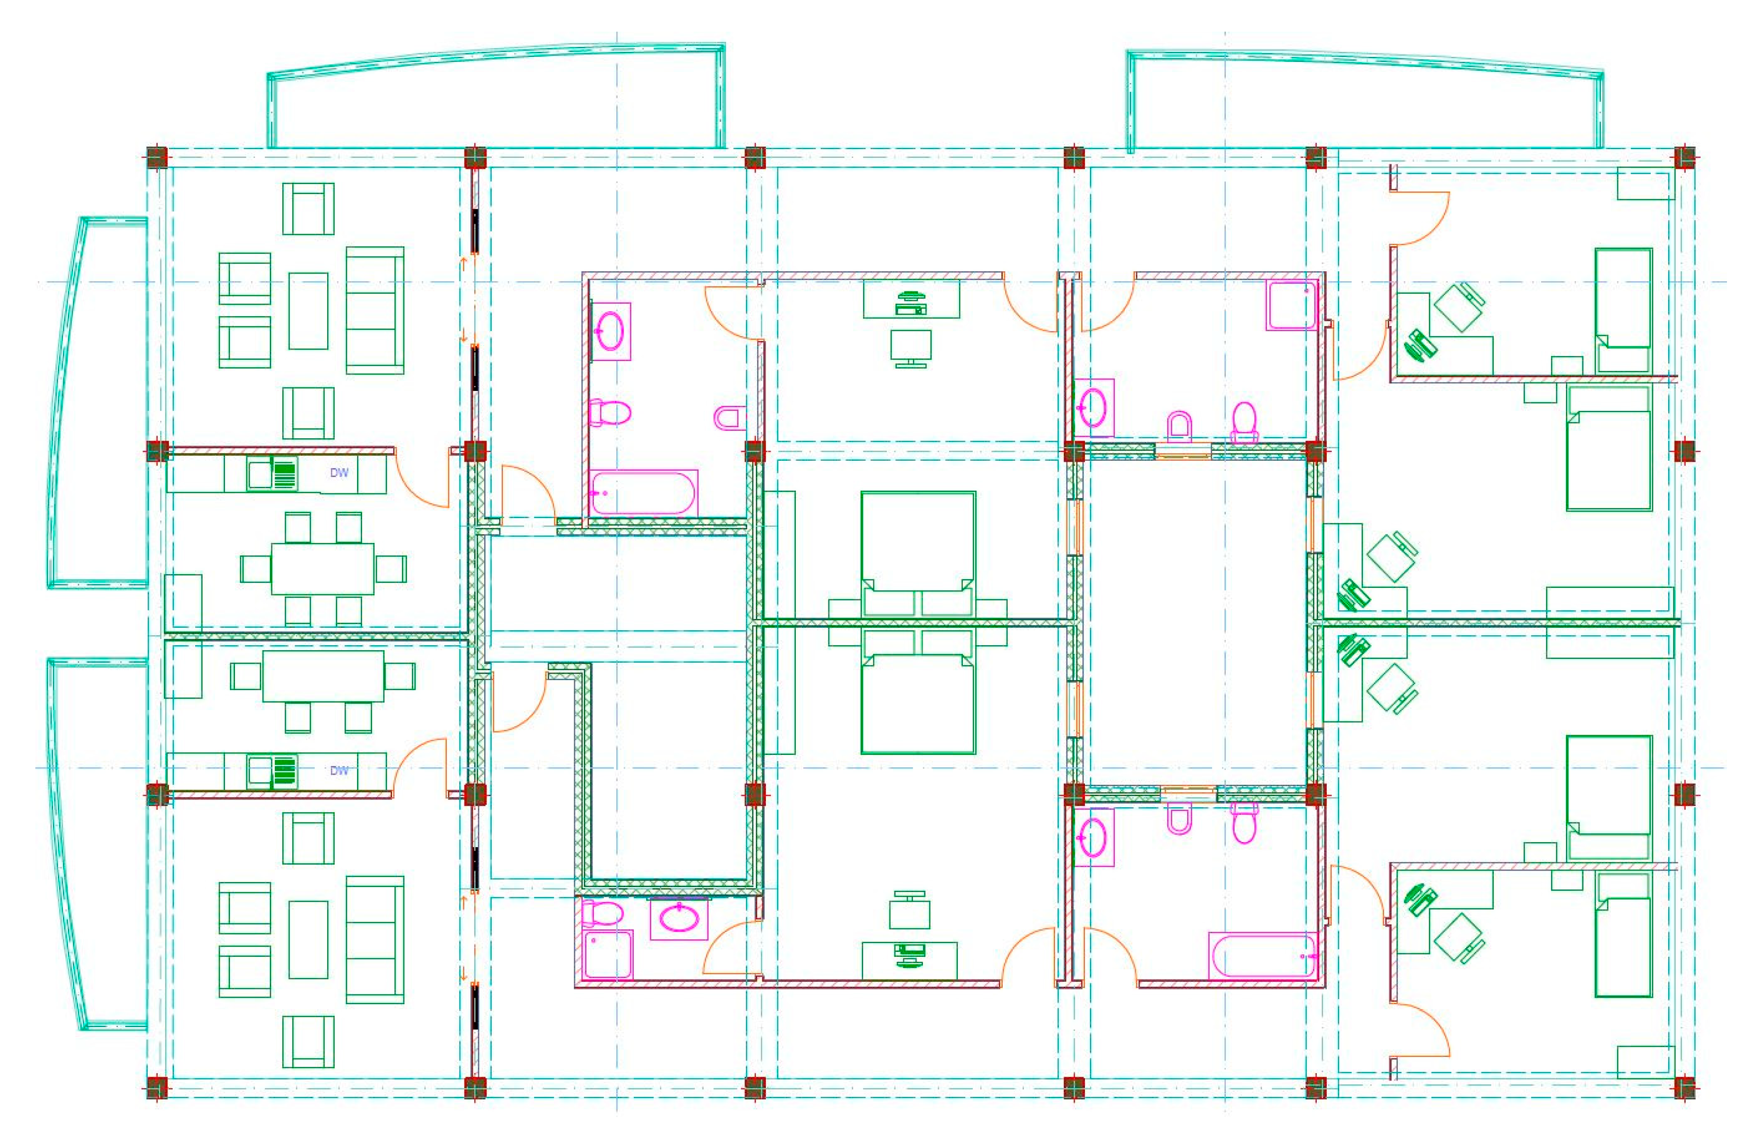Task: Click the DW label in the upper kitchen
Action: (339, 473)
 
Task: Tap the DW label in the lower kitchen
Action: (339, 770)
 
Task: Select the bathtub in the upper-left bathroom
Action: (643, 492)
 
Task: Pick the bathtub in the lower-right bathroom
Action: (1263, 955)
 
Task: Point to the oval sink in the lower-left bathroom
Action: (680, 918)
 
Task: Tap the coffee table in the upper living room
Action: (308, 311)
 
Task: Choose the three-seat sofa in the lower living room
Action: (375, 939)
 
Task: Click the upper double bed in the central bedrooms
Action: (918, 553)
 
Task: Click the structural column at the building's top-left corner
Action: (157, 157)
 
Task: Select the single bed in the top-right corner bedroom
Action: (1623, 310)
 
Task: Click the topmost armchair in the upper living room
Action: (308, 209)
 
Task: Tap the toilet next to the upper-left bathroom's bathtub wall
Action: (610, 413)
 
